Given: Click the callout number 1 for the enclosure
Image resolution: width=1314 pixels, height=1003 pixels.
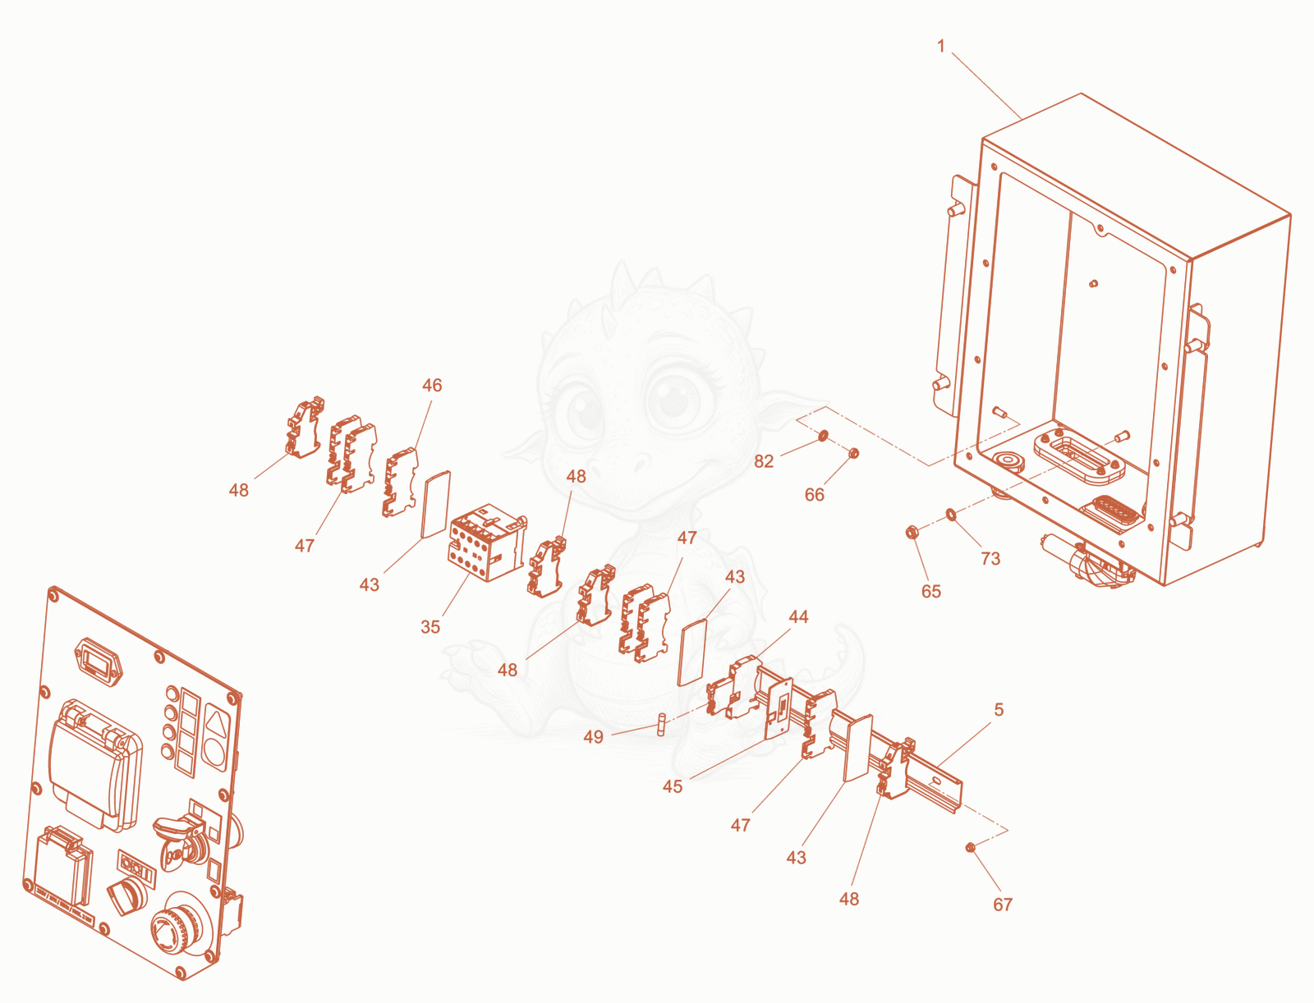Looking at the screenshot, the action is [940, 46].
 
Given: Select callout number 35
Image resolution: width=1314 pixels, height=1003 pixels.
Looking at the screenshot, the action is [430, 627].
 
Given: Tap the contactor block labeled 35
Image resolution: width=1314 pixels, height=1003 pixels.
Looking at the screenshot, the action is [487, 542].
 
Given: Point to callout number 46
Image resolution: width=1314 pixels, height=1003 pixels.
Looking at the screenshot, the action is [432, 385].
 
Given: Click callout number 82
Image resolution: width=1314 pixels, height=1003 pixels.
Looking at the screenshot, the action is [764, 461].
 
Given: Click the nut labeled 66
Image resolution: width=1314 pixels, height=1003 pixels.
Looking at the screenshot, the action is [854, 453].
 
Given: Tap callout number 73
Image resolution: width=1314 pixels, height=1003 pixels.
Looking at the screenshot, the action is [990, 559].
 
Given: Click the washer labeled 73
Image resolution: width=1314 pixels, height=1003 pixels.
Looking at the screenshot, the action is [951, 514].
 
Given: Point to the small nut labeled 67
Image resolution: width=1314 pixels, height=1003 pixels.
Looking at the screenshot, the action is [971, 847].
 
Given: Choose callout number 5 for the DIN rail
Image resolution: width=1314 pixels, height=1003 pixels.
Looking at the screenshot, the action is [999, 709].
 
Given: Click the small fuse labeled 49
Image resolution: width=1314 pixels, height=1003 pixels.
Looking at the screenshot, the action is [661, 724].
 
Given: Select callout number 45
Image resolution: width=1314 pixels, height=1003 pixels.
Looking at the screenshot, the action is [673, 786].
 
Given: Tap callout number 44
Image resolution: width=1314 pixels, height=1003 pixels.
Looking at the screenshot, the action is [798, 616].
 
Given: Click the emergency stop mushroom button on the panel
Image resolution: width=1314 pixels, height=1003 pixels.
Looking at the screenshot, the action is [181, 923].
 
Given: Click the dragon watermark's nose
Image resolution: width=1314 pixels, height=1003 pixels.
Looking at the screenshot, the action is [636, 462].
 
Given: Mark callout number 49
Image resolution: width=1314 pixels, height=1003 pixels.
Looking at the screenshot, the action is [593, 737].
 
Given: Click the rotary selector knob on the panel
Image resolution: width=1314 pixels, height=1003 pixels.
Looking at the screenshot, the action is [127, 895].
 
